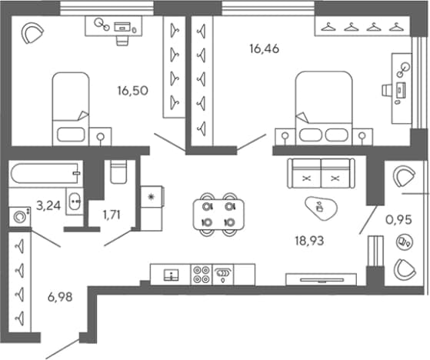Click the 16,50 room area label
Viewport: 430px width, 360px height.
[133, 91]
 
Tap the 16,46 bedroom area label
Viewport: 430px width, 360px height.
[265, 48]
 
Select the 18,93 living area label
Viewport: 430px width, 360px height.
[309, 241]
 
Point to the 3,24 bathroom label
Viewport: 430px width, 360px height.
[48, 205]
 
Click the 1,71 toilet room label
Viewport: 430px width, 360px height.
[112, 215]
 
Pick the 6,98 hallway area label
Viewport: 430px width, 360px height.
[60, 297]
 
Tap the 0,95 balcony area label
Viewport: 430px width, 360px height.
[398, 220]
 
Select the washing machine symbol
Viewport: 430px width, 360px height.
[20, 217]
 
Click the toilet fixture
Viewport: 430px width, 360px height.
[118, 172]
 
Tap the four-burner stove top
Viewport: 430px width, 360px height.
[202, 275]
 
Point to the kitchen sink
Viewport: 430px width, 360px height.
[171, 275]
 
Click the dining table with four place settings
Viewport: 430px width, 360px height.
[218, 215]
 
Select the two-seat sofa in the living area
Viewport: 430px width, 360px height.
[321, 173]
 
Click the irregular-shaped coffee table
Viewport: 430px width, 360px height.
[321, 208]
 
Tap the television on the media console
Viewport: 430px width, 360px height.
[322, 280]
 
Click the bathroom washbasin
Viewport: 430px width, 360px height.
[74, 202]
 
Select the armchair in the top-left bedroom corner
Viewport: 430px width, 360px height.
[32, 33]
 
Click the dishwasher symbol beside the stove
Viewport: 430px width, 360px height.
[222, 275]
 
